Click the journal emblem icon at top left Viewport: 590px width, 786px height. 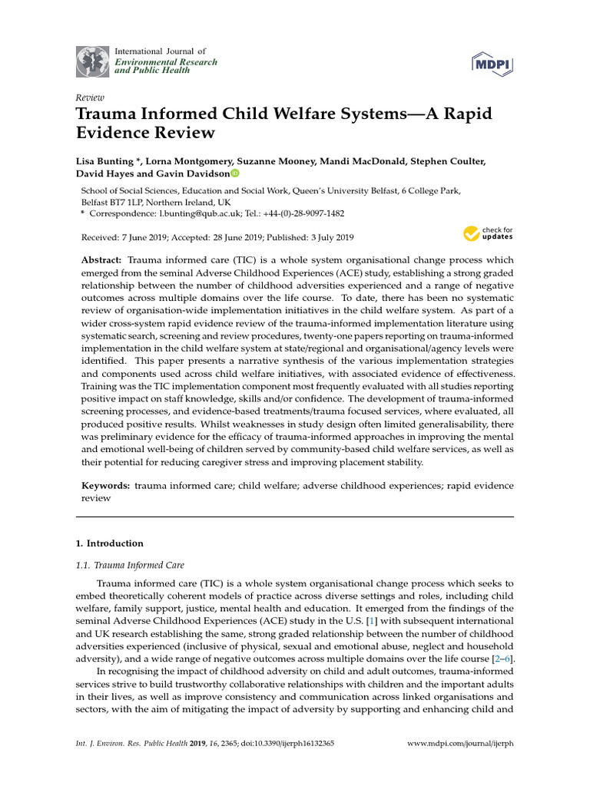point(91,61)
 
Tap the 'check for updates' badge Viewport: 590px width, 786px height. point(488,233)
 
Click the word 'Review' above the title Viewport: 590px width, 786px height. point(90,97)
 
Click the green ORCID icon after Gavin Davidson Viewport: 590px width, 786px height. point(234,174)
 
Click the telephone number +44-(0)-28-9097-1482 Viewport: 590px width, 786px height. point(302,213)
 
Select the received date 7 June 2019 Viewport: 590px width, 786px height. point(144,238)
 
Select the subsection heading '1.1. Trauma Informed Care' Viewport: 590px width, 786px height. point(129,565)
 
